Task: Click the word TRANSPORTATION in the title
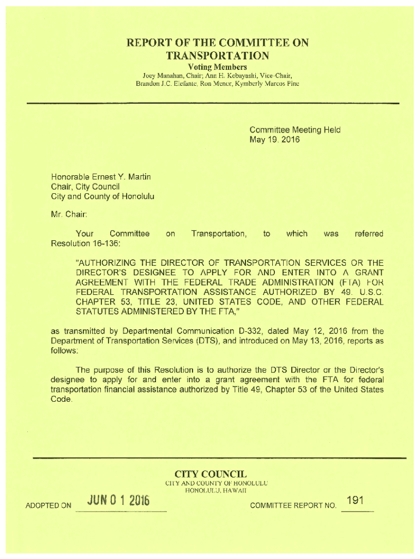tap(218, 56)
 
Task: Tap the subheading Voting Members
tap(218, 67)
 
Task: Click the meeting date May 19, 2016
tap(274, 140)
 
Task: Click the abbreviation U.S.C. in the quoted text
tap(367, 293)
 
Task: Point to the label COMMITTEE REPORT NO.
tap(292, 506)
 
